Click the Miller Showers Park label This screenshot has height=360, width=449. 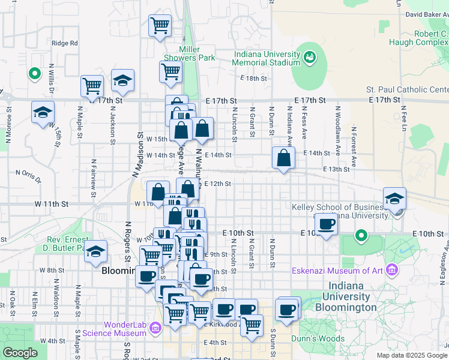(197, 53)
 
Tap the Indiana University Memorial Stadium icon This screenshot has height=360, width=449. (310, 57)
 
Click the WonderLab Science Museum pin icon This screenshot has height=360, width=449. (155, 328)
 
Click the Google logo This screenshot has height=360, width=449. (20, 353)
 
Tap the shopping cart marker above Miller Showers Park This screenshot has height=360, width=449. (160, 25)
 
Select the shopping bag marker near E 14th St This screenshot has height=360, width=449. (283, 158)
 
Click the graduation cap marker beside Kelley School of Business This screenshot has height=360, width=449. (394, 199)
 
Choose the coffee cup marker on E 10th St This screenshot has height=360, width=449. (326, 224)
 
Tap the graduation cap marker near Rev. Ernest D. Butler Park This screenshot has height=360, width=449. (95, 252)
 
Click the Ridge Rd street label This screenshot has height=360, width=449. (65, 43)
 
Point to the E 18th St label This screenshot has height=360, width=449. (253, 79)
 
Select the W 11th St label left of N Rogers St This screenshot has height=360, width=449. (51, 204)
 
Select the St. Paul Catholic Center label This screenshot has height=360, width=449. (408, 90)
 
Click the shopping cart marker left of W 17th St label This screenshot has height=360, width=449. (92, 86)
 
